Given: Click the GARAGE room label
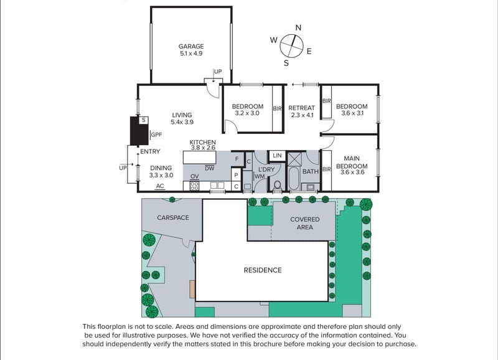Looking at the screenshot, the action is pyautogui.click(x=191, y=46).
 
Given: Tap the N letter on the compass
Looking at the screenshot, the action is pyautogui.click(x=298, y=27).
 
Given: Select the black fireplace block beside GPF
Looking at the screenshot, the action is pyautogui.click(x=139, y=131).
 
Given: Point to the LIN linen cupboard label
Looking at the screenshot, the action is pyautogui.click(x=277, y=155).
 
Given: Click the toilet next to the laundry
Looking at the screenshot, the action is pyautogui.click(x=277, y=185).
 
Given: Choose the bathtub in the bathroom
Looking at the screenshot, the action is pyautogui.click(x=293, y=178).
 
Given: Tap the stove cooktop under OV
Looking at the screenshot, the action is pyautogui.click(x=194, y=186).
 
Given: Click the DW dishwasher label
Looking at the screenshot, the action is pyautogui.click(x=209, y=168).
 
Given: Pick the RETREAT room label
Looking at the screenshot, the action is pyautogui.click(x=301, y=108).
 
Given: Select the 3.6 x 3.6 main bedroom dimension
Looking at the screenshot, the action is pyautogui.click(x=352, y=173).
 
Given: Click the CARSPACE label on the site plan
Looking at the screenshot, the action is pyautogui.click(x=173, y=217).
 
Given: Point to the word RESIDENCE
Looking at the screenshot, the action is pyautogui.click(x=263, y=270).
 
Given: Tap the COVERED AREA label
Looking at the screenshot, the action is pyautogui.click(x=304, y=223).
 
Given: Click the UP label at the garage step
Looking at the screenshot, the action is pyautogui.click(x=218, y=72).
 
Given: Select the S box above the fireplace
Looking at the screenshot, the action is pyautogui.click(x=144, y=120).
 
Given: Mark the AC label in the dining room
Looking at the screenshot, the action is pyautogui.click(x=160, y=186).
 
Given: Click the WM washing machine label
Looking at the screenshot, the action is pyautogui.click(x=260, y=176).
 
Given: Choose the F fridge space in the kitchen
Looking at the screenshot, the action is pyautogui.click(x=237, y=159).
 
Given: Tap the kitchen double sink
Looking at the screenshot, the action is pyautogui.click(x=217, y=185).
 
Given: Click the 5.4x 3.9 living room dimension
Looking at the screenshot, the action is pyautogui.click(x=182, y=122).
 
